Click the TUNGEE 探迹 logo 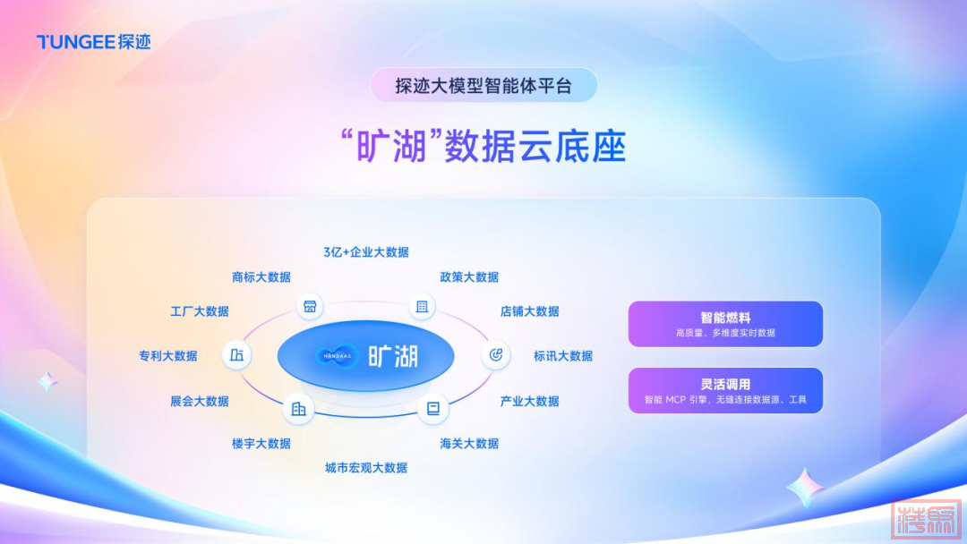94,42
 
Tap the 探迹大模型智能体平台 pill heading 483,85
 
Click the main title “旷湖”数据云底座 483,147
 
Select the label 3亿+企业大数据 365,252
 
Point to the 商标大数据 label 261,277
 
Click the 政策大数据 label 469,277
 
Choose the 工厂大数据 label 199,311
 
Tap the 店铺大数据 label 530,311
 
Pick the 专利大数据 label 167,356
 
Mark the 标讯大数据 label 563,356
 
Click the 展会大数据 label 199,401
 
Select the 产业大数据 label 530,401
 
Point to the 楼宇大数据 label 261,444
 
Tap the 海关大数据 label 469,444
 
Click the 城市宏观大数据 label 365,468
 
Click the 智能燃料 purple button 725,324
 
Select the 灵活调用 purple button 725,391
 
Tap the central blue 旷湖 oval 365,356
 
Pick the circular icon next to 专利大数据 236,355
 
